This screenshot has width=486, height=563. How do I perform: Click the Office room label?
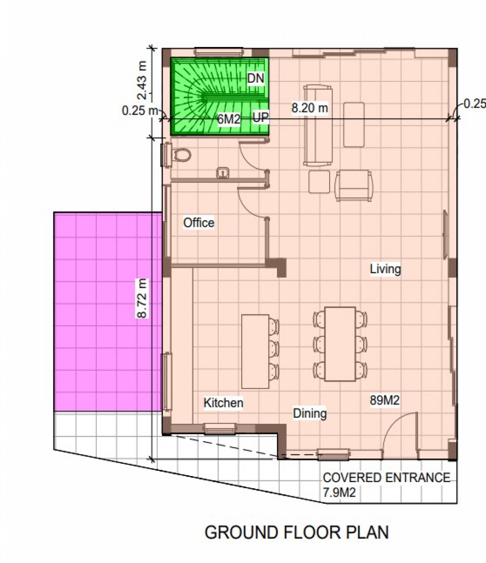coord(199,223)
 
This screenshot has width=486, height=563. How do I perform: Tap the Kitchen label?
coord(224,403)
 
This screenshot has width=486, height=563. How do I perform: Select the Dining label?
coord(310,414)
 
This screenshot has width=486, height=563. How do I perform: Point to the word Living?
coord(386,269)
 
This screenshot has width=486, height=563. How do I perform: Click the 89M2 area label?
coord(385,400)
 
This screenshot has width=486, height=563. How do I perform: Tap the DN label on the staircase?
coord(256,79)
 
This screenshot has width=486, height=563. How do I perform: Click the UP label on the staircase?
coord(260,118)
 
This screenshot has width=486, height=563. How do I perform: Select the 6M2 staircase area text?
coord(229,119)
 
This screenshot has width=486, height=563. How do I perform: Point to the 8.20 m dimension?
coord(310,108)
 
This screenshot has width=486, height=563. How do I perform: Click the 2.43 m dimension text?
coord(142,80)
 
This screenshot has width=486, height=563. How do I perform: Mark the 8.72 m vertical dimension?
coord(142,299)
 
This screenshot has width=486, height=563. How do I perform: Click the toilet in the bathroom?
coord(182,155)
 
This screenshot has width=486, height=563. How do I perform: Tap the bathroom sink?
coord(223,173)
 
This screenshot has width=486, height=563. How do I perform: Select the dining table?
coord(340,344)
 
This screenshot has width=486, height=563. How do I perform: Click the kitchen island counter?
coord(256,352)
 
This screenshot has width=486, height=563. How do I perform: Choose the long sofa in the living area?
coord(318,125)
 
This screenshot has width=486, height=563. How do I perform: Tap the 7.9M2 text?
coord(339,493)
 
